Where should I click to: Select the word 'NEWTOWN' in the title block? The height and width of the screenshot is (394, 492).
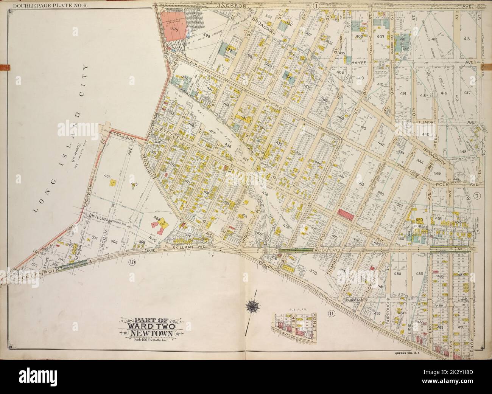pos(148,333)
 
